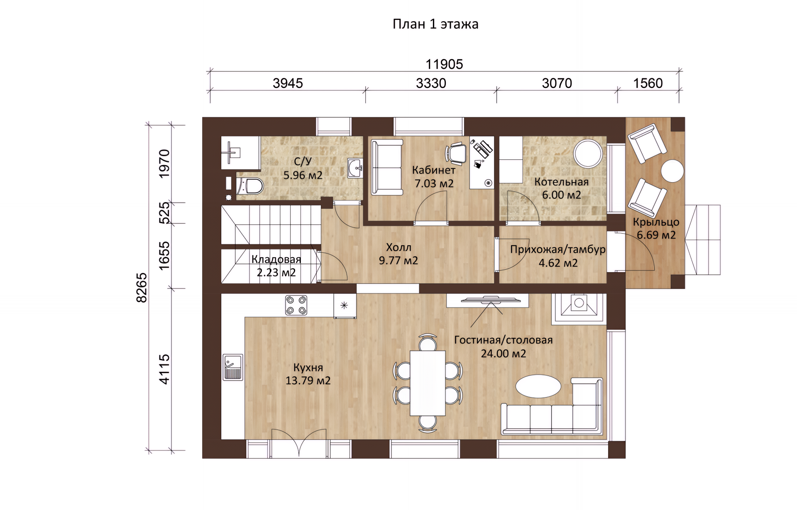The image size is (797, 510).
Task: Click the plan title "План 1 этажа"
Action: [435, 24]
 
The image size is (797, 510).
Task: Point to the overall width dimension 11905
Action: [444, 64]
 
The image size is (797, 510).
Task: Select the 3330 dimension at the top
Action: [431, 83]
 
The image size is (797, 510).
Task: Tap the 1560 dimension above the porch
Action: [648, 83]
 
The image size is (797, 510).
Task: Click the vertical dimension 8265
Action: [142, 288]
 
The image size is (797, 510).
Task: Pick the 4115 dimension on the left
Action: [164, 369]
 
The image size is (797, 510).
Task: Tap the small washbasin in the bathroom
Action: [355, 168]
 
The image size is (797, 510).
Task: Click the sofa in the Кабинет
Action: [387, 167]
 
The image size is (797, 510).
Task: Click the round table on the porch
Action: [672, 171]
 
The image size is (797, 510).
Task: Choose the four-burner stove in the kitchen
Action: [296, 305]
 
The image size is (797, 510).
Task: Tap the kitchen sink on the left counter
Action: [233, 367]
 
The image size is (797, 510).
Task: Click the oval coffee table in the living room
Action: [538, 386]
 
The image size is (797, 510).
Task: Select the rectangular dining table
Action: [428, 383]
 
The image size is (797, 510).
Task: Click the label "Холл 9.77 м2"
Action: [398, 254]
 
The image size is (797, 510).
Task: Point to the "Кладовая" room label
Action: [276, 259]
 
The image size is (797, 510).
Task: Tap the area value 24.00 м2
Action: [504, 354]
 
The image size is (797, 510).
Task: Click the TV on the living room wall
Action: [491, 300]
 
